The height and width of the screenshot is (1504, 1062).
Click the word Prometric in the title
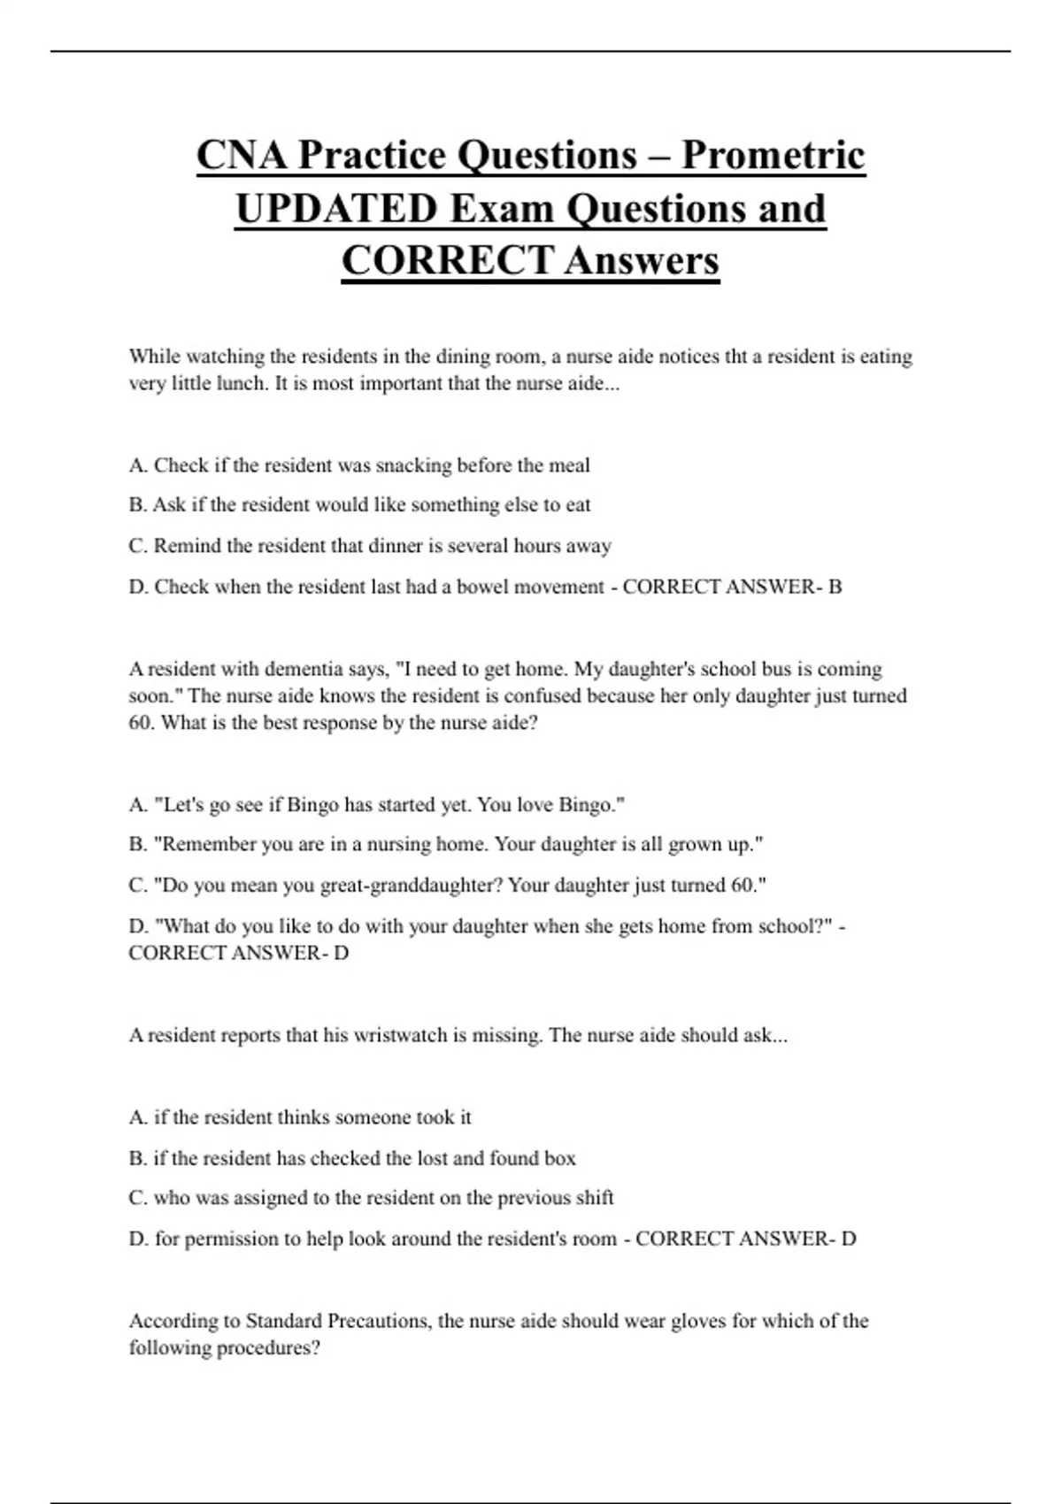[773, 155]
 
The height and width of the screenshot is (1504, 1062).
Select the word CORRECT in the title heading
[447, 260]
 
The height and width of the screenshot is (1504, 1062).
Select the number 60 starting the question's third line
[141, 723]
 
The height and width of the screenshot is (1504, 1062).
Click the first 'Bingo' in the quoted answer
[313, 805]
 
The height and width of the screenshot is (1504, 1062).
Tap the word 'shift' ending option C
[594, 1198]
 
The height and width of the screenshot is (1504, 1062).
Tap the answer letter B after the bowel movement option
[835, 587]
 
